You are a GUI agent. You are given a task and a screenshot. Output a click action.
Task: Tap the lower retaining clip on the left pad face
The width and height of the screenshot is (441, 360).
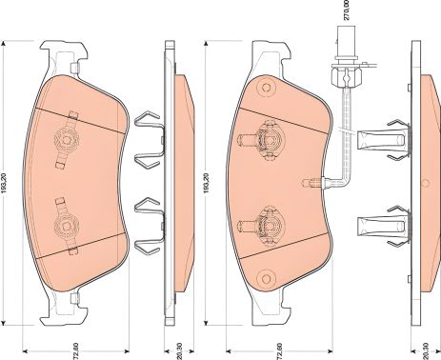pos(67,225)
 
